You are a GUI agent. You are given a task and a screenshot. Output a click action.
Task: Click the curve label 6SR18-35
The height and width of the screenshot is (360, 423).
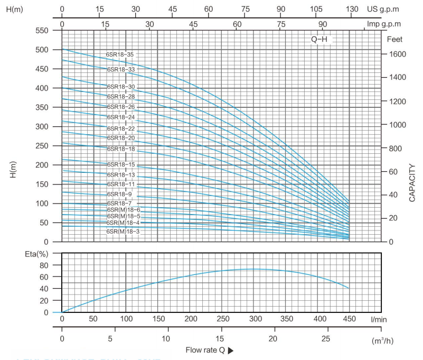[x=120, y=54]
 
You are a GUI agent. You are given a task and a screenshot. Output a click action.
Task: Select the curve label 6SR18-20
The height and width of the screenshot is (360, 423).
[x=120, y=138]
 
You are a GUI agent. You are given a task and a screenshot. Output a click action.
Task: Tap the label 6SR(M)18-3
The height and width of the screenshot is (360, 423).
[x=123, y=232]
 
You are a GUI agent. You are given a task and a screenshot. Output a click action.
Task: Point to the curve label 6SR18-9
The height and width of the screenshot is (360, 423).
[x=119, y=194]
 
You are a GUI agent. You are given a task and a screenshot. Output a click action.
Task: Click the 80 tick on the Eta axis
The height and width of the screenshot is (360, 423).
[x=45, y=265]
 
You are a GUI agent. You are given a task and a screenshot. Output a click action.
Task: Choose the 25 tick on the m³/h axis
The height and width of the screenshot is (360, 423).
[x=326, y=338]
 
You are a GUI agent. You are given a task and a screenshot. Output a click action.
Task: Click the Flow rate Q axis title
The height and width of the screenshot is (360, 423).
[x=205, y=350]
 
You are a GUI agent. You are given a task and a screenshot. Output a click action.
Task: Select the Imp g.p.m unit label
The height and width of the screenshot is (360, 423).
[x=384, y=24]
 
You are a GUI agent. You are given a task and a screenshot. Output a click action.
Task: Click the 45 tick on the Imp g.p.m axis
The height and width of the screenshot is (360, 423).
[x=193, y=24]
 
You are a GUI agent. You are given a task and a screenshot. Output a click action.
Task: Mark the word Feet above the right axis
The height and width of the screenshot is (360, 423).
[x=394, y=39]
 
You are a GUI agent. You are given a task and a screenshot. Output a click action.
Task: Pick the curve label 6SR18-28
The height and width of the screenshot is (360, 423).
[x=120, y=97]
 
